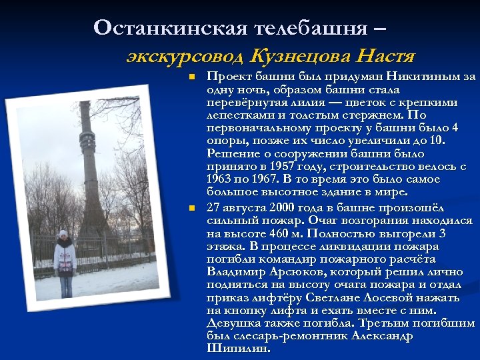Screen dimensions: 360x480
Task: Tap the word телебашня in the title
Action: point(309,27)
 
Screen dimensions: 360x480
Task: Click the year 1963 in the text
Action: point(219,179)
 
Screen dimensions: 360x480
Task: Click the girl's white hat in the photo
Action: point(64,234)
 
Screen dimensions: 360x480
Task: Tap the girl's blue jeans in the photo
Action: point(66,285)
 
